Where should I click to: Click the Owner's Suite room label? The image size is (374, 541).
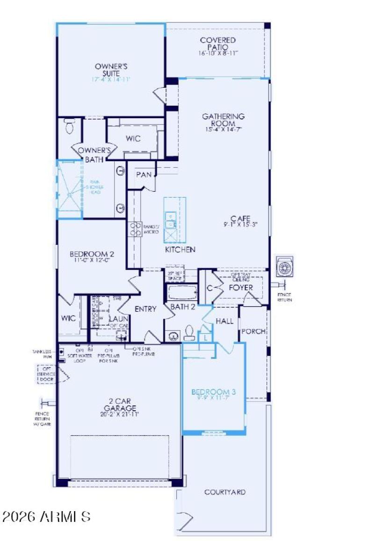111,70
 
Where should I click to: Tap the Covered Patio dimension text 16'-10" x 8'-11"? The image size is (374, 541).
218,53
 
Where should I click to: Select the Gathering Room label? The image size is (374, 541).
223,119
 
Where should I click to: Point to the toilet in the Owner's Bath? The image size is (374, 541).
70,126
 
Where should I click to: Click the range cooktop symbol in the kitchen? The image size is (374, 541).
135,228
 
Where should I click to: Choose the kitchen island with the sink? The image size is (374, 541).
174,220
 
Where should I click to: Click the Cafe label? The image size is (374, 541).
240,218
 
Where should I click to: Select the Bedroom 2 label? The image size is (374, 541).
92,254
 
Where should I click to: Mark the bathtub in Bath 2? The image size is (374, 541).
182,293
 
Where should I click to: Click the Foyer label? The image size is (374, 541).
240,288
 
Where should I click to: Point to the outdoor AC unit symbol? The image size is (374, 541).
284,267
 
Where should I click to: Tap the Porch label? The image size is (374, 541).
253,331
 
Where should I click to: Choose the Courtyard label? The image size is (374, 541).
225,492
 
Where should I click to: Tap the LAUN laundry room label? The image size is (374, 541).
116,319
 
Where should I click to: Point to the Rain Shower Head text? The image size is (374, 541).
95,186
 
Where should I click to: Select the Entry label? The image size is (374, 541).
145,309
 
